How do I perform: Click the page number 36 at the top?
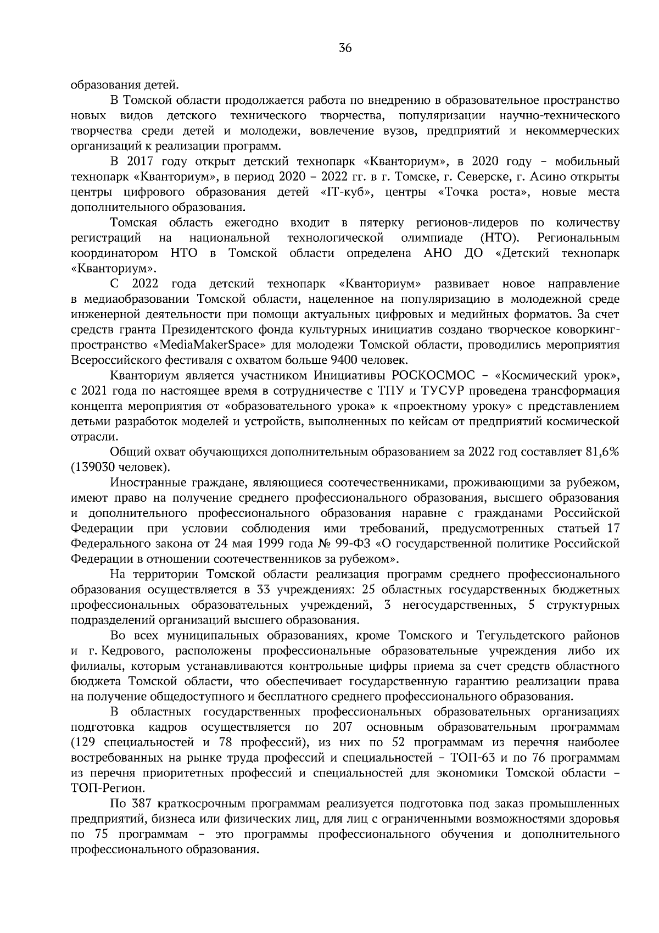(345, 47)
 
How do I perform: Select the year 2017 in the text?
(139, 162)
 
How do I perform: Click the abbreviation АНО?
(437, 254)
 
